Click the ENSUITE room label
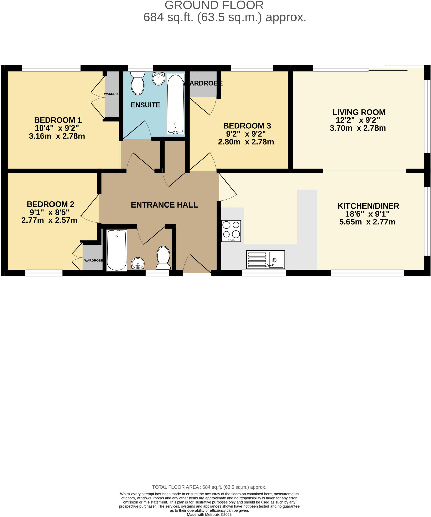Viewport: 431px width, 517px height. tap(145, 105)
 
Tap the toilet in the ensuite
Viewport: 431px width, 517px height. tap(138, 83)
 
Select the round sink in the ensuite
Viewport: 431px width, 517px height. tap(158, 79)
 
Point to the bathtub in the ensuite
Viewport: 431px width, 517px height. tap(175, 104)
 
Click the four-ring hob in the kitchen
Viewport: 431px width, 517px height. tap(231, 231)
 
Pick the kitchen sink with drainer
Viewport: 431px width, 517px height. tap(266, 260)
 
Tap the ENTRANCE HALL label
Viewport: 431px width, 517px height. tap(164, 205)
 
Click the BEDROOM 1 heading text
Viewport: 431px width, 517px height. tap(58, 120)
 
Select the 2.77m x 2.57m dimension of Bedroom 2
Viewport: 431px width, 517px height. tap(49, 220)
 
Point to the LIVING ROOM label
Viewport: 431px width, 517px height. tap(359, 112)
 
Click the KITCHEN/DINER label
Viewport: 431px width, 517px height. tap(368, 206)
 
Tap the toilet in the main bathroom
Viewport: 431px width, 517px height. tap(163, 257)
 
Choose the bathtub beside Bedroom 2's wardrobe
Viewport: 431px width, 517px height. tap(117, 250)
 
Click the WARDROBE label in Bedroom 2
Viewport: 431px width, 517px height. tap(93, 260)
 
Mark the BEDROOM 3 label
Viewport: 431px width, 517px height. tap(247, 126)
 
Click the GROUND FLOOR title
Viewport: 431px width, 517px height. tap(214, 5)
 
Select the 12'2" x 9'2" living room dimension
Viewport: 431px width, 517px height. tap(358, 120)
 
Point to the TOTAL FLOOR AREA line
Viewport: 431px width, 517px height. tap(209, 487)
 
